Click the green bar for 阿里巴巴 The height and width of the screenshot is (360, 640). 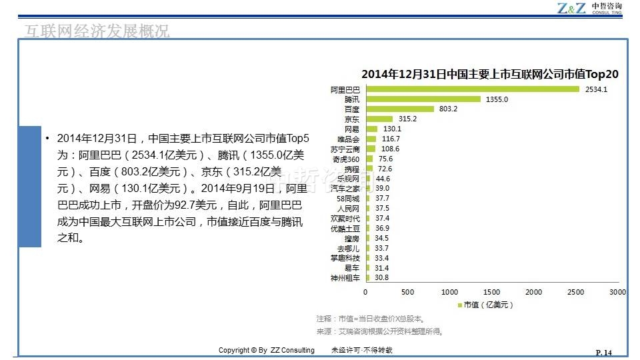[x=472, y=89]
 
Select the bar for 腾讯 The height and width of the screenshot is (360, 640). [x=423, y=99]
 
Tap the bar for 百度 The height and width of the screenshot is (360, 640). [x=399, y=109]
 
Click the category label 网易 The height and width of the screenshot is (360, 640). [x=352, y=129]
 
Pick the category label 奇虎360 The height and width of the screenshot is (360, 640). [x=346, y=159]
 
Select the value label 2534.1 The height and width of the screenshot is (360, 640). [x=595, y=89]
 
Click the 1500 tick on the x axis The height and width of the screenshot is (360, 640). [x=491, y=292]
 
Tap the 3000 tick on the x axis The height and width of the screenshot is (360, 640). [x=617, y=292]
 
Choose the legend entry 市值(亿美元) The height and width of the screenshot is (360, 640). [x=485, y=305]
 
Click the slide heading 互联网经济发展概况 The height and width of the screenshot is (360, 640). [x=97, y=31]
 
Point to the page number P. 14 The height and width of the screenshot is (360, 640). [x=603, y=353]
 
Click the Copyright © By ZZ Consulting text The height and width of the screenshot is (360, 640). [x=267, y=351]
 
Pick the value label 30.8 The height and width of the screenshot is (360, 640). [x=382, y=278]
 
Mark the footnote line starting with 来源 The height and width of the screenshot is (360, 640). [x=380, y=331]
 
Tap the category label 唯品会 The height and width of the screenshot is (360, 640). [x=349, y=139]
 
